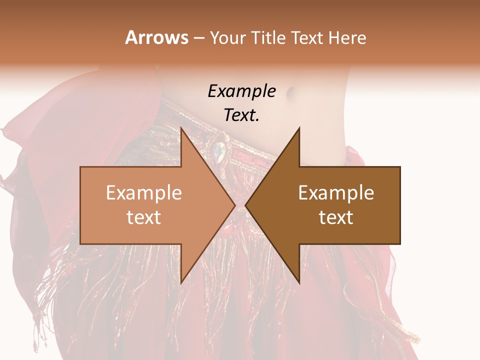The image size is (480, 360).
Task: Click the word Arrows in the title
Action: pyautogui.click(x=156, y=37)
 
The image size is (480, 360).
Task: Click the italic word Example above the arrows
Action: pyautogui.click(x=241, y=91)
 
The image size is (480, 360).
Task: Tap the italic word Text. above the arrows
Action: pyautogui.click(x=241, y=115)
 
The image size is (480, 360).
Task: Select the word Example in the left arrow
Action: pyautogui.click(x=144, y=193)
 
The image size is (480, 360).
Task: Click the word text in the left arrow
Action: pyautogui.click(x=144, y=217)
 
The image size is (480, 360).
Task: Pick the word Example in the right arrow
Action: pyautogui.click(x=336, y=193)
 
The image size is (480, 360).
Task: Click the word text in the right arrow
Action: pyautogui.click(x=336, y=217)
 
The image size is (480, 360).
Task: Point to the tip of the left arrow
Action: pyautogui.click(x=234, y=205)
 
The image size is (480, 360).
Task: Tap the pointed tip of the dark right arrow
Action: pyautogui.click(x=246, y=205)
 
